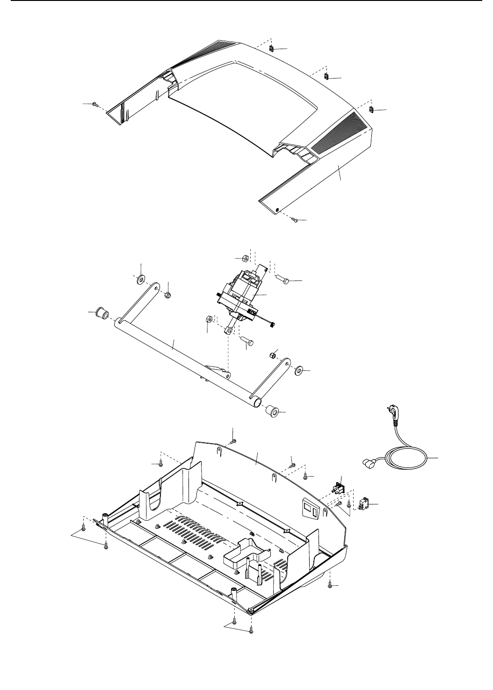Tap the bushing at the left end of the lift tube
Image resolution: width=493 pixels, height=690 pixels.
102,313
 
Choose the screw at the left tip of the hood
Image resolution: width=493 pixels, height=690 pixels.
95,104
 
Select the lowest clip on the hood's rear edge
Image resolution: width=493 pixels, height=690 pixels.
371,110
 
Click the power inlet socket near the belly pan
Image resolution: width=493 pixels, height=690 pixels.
338,489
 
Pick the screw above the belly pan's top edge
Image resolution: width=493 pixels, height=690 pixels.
234,441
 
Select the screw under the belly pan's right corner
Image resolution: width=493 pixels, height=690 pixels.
331,583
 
